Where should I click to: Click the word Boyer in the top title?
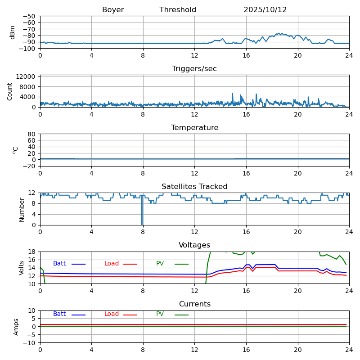tap(113, 10)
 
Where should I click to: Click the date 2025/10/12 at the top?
tap(265, 10)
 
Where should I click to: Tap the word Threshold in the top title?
tap(178, 10)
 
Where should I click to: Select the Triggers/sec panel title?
tap(194, 69)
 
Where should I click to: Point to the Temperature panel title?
tap(194, 128)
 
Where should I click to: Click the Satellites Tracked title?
tap(194, 187)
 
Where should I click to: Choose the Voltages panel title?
tap(194, 245)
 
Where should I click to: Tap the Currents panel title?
tap(194, 304)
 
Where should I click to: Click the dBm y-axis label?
tap(13, 32)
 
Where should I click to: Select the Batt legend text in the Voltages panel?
tap(59, 264)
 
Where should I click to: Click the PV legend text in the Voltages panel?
tap(160, 264)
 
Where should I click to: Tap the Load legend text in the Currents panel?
tap(112, 314)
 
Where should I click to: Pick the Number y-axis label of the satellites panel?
tap(22, 209)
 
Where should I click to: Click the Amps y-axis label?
tap(16, 327)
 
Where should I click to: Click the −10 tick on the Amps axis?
tap(30, 343)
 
